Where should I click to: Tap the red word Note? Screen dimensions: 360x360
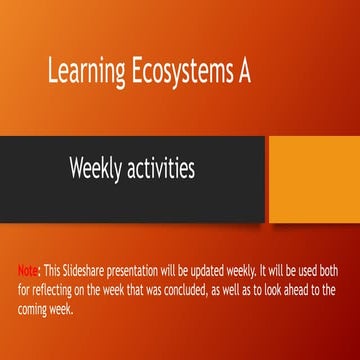(27, 270)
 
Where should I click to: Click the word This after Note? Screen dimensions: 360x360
(51, 270)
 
